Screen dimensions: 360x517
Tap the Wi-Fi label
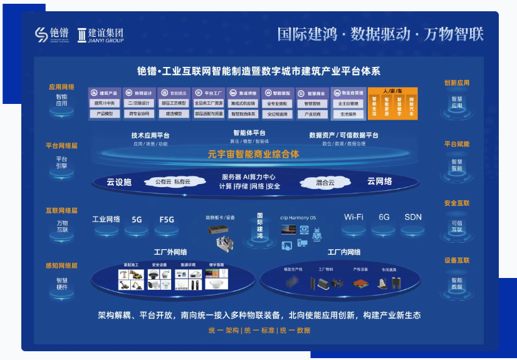point(353,217)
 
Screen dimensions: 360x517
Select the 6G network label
point(384,217)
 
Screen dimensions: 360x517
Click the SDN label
point(413,217)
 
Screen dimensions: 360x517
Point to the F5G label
point(167,220)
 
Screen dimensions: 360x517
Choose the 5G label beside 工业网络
point(137,220)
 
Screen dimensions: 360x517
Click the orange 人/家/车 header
point(392,91)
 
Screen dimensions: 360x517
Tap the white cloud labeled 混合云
point(325,183)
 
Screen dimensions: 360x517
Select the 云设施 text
point(119,182)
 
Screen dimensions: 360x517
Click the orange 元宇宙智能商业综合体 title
point(253,154)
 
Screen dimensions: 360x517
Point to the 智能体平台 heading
point(249,133)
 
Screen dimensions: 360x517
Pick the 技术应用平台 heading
point(150,135)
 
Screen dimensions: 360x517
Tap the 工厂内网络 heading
point(344,252)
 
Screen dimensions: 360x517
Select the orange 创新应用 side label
point(456,83)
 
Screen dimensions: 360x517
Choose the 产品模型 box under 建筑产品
point(105,114)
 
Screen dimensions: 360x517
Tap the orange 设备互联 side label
point(456,260)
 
